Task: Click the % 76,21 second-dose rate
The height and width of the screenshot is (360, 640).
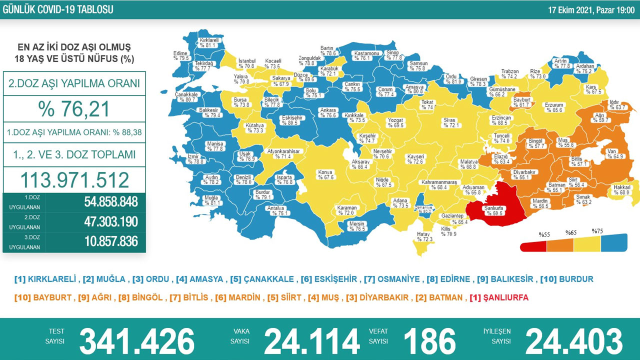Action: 74,108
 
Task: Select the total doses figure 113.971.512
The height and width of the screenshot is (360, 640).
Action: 74,180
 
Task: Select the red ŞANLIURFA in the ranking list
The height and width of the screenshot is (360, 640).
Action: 500,297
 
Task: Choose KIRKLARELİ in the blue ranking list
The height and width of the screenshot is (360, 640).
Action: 52,279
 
